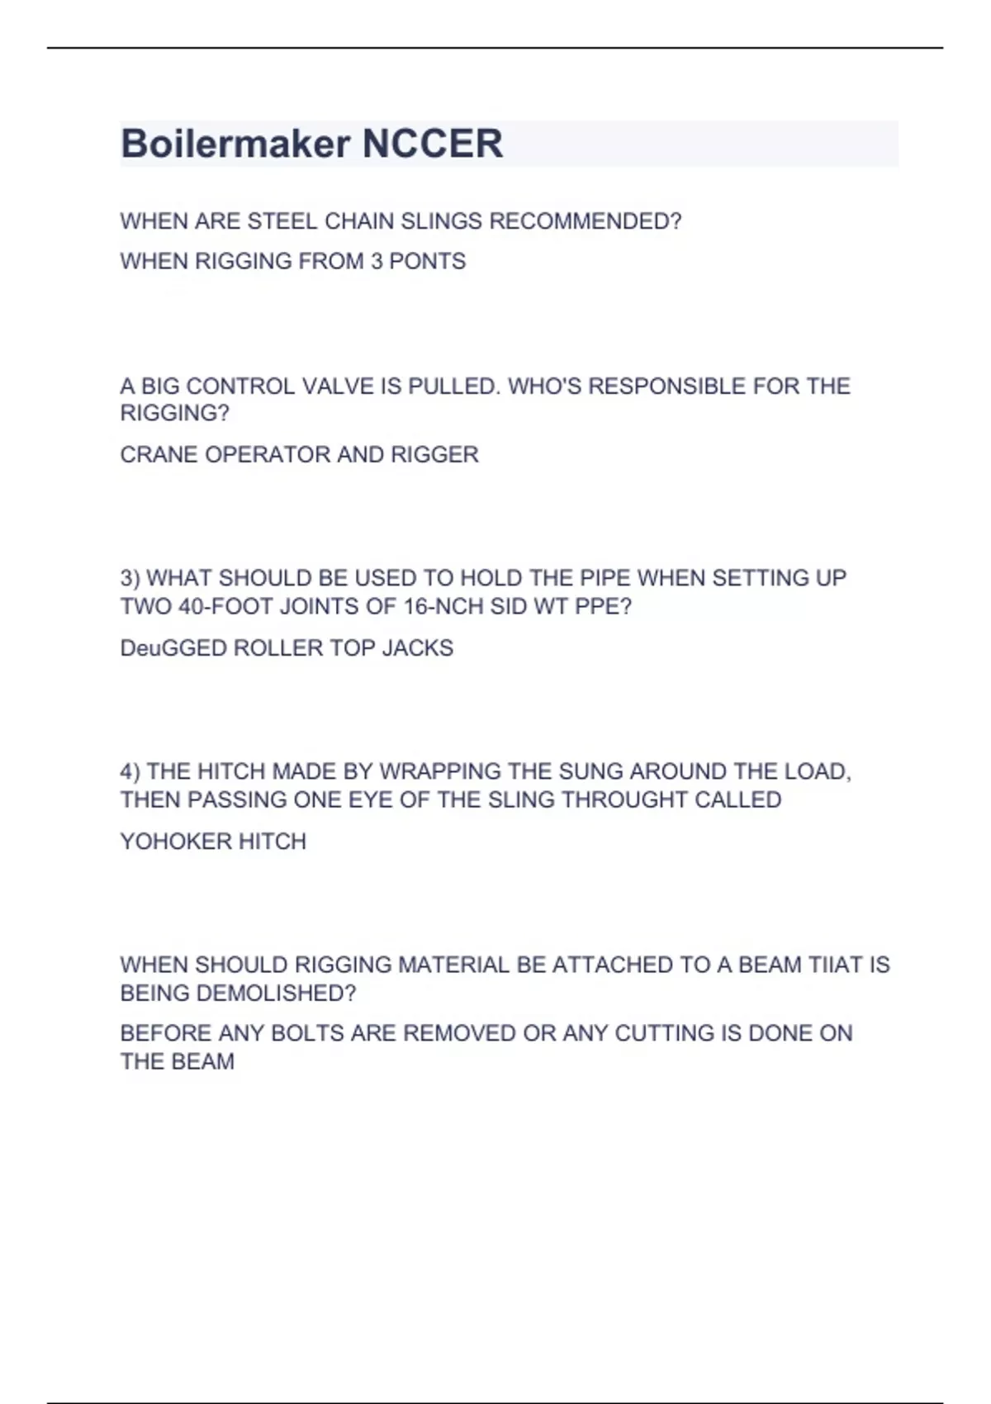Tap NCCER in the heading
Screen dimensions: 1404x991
tap(432, 144)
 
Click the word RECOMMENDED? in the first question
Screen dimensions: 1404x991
tap(586, 221)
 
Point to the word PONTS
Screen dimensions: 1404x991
tap(427, 261)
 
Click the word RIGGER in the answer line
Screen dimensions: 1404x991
tap(434, 454)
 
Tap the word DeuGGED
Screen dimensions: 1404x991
tap(173, 647)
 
